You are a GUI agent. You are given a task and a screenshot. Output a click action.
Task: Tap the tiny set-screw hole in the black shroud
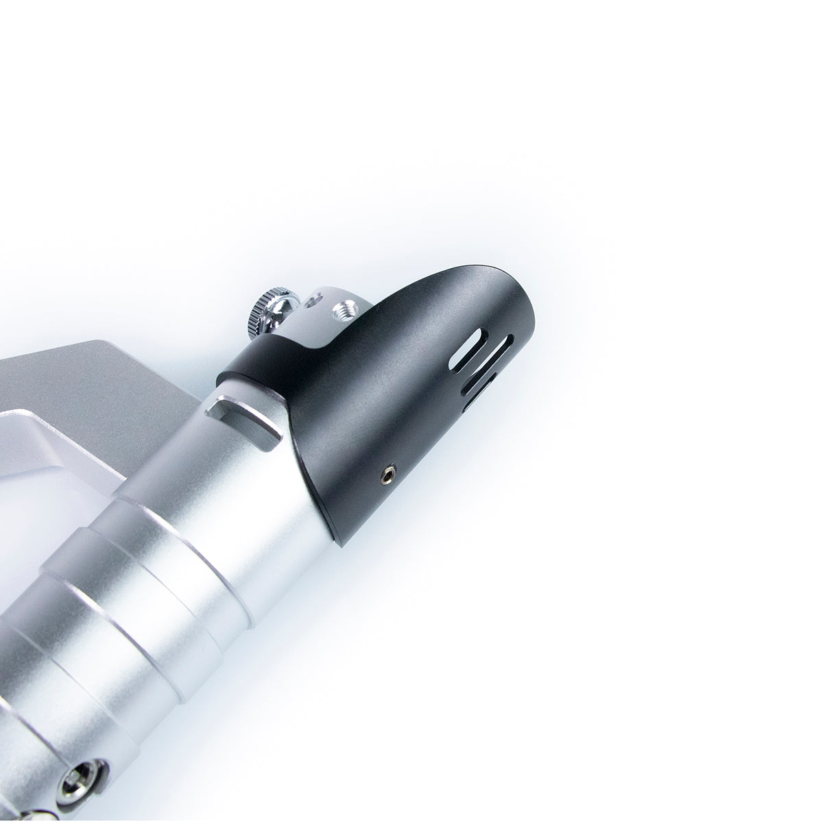click(388, 472)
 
